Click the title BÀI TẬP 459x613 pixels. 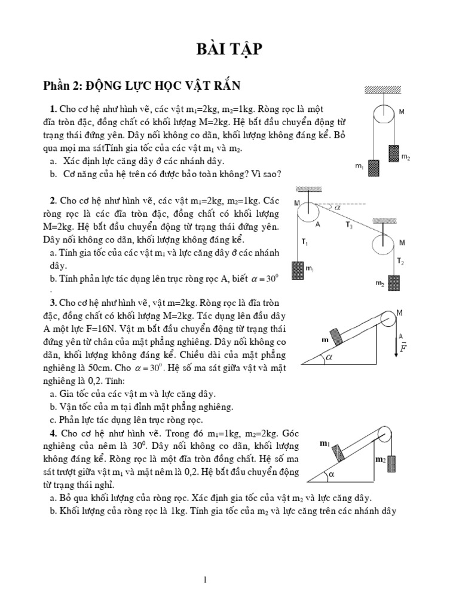pyautogui.click(x=229, y=50)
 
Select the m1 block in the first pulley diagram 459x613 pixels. pyautogui.click(x=374, y=169)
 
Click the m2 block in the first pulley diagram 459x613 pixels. pyautogui.click(x=393, y=153)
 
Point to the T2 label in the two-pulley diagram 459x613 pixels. pyautogui.click(x=400, y=262)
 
